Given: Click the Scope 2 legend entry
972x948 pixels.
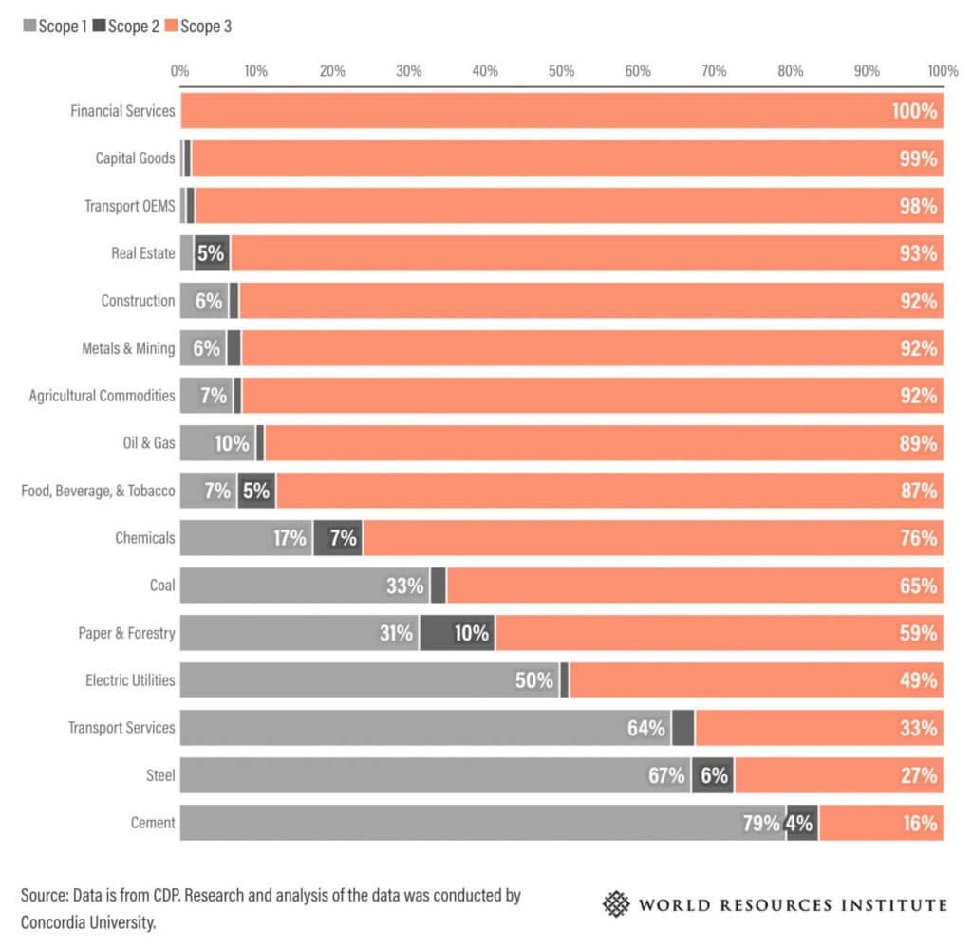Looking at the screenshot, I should coord(126,27).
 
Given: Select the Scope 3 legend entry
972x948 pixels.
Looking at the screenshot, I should coord(200,27).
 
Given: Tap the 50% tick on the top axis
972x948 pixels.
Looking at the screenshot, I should coord(562,70).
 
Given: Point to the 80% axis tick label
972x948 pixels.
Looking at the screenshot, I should coord(791,70).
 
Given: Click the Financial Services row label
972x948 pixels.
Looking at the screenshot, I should coord(122,111).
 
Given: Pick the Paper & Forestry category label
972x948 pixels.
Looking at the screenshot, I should coord(126,633).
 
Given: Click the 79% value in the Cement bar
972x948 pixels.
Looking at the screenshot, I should coord(761,823).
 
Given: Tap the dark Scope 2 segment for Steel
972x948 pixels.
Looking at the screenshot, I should coord(713,775).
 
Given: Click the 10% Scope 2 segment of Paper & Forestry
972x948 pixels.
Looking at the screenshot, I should coord(458,633).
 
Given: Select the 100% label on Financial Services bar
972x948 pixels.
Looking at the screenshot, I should coord(914,111).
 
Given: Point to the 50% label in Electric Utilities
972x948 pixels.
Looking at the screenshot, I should coord(534,680).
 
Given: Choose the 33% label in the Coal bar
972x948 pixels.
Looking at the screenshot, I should coord(404,586).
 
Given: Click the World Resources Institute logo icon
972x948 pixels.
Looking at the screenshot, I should coord(617,903).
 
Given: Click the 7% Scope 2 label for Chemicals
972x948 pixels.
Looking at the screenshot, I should coord(343,538).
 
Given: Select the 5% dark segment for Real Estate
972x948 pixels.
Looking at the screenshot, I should coord(211,253).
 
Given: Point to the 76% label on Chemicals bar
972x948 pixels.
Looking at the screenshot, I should coord(918,538).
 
